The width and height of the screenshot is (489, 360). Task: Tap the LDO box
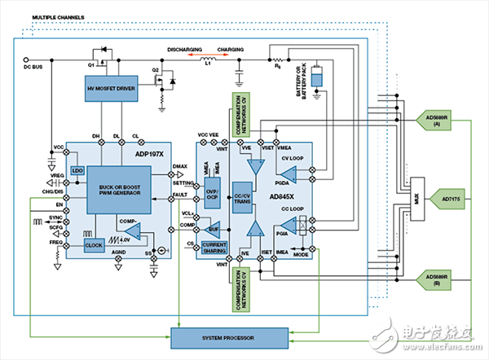pyautogui.click(x=77, y=170)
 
